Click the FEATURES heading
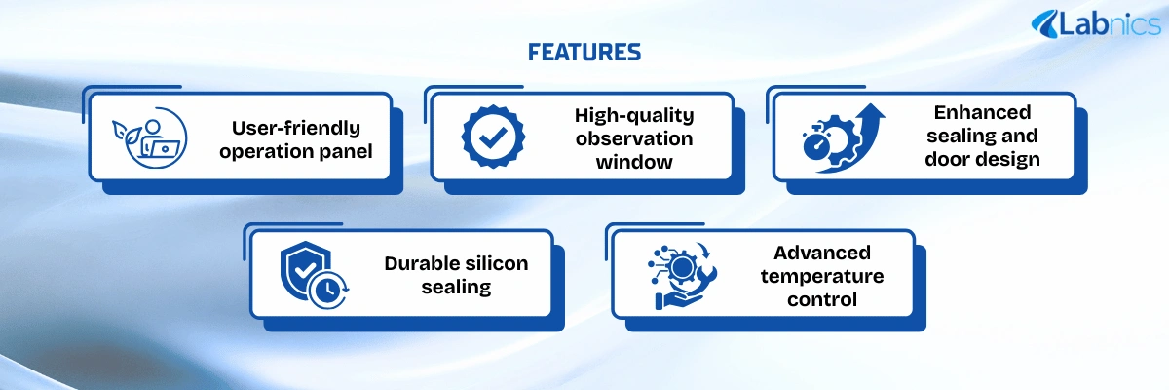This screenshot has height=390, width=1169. [x=584, y=53]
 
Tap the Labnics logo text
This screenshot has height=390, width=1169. [x=1110, y=24]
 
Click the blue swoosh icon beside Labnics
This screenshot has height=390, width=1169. [x=1044, y=24]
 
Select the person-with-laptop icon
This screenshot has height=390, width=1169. [x=150, y=137]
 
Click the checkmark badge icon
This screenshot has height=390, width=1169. [x=493, y=136]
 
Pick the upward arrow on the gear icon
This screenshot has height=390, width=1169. [x=856, y=136]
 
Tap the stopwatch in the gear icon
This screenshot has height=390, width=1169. [x=816, y=142]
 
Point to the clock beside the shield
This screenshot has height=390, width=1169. [x=327, y=291]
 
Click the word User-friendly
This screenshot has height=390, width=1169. [x=296, y=128]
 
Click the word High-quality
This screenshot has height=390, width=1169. [x=634, y=115]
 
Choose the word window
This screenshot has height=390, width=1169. [x=634, y=162]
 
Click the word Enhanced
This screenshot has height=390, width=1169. [x=982, y=112]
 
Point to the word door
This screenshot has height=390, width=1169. [x=945, y=159]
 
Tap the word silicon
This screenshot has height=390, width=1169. [x=498, y=263]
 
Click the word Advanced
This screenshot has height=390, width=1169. [x=822, y=253]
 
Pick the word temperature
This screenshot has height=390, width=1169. [x=822, y=276]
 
